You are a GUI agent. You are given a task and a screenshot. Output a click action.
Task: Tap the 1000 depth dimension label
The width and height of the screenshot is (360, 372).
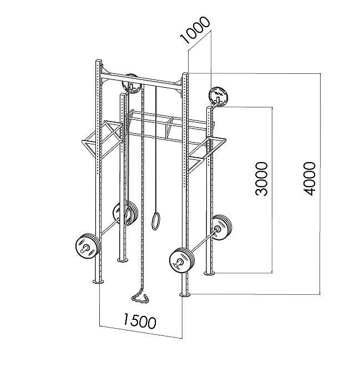195,30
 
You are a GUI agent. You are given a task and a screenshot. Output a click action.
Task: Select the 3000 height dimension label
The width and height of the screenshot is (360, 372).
261,179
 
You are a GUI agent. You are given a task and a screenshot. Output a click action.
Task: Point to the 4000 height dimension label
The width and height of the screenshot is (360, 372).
310,179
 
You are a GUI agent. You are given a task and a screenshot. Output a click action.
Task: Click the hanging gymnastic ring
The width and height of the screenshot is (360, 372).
155,221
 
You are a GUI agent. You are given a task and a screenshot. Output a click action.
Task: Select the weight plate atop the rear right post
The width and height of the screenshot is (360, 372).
218,96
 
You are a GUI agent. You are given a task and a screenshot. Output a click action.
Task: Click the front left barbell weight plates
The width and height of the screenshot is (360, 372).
87,247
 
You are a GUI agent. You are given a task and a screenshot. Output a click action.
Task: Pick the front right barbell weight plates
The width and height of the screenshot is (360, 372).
182,260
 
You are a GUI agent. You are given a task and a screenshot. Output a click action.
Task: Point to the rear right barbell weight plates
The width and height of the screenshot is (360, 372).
221,228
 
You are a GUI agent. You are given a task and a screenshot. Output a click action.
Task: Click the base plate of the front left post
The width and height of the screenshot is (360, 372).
98,281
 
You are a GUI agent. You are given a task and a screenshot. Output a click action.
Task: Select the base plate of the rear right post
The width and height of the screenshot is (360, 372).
209,273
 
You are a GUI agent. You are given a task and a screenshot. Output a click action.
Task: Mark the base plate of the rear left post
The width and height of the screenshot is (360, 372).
123,260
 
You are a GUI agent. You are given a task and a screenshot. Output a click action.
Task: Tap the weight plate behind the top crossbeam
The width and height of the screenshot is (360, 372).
130,84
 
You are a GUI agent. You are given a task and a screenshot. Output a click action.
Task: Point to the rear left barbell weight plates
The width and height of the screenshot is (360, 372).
125,214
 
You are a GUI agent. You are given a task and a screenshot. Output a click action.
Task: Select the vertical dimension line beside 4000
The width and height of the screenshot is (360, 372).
320,184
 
